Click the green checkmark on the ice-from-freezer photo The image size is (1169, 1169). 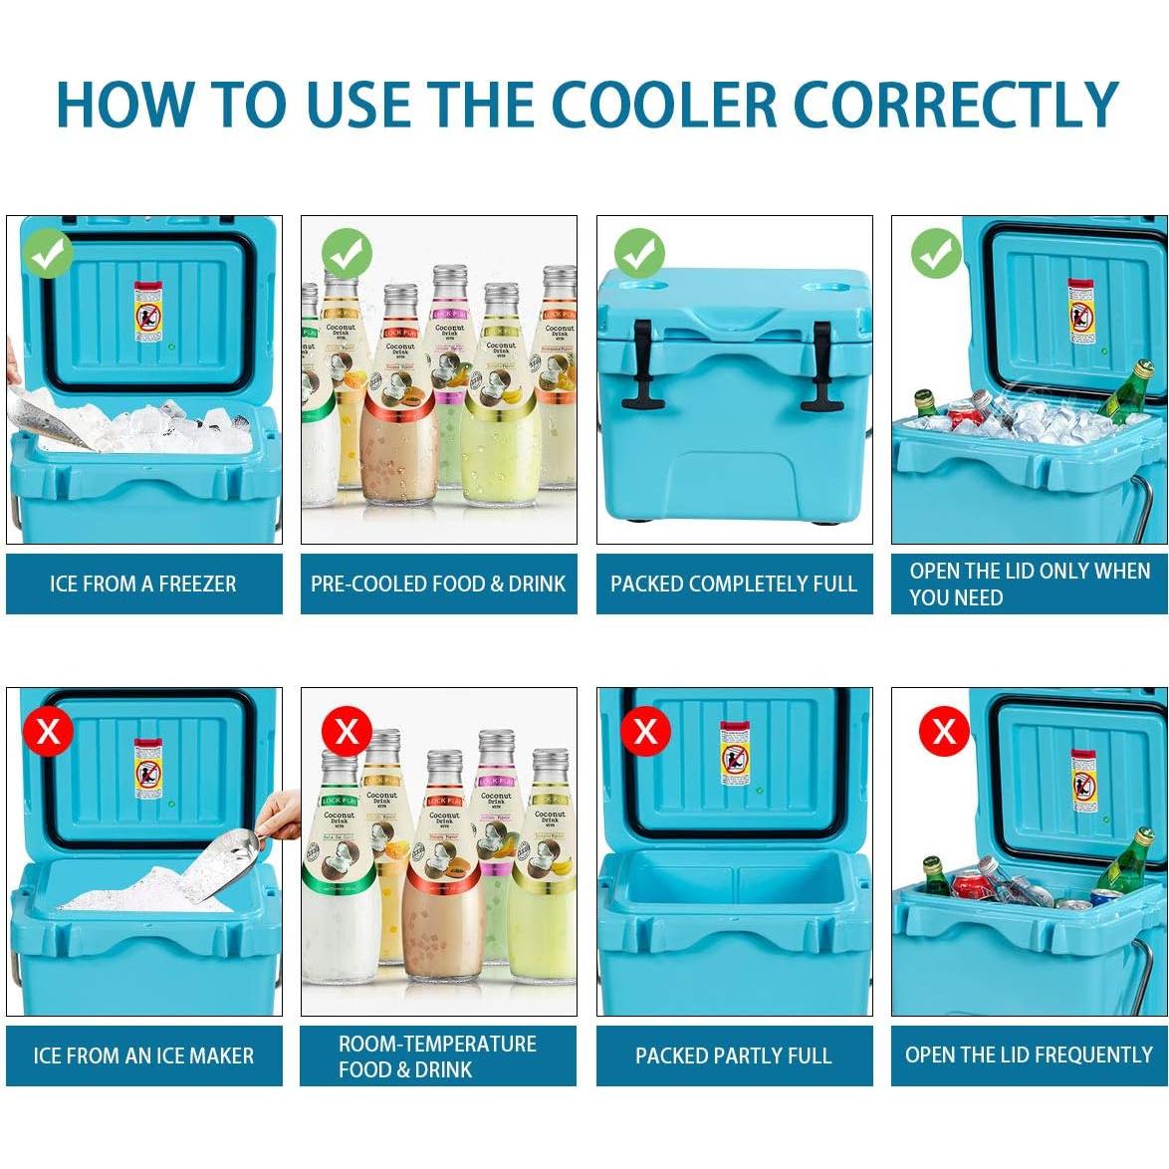click(x=49, y=254)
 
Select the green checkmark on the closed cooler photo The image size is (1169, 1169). click(x=639, y=254)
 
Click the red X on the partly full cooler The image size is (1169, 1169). click(x=645, y=731)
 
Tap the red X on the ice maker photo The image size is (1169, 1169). click(x=49, y=732)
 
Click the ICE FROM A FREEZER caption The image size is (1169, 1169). click(x=143, y=584)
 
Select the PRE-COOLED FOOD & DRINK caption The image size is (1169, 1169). click(x=438, y=584)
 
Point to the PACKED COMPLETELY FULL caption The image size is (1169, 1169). click(x=734, y=584)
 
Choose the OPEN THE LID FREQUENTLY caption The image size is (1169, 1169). click(x=1029, y=1055)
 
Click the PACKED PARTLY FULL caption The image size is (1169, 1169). click(x=734, y=1055)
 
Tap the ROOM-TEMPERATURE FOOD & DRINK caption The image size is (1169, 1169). click(x=438, y=1055)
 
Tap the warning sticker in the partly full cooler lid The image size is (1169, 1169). click(x=735, y=754)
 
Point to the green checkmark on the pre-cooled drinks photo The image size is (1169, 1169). click(x=347, y=254)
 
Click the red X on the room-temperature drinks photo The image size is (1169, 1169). click(x=347, y=732)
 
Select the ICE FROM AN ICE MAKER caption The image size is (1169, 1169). click(x=143, y=1055)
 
